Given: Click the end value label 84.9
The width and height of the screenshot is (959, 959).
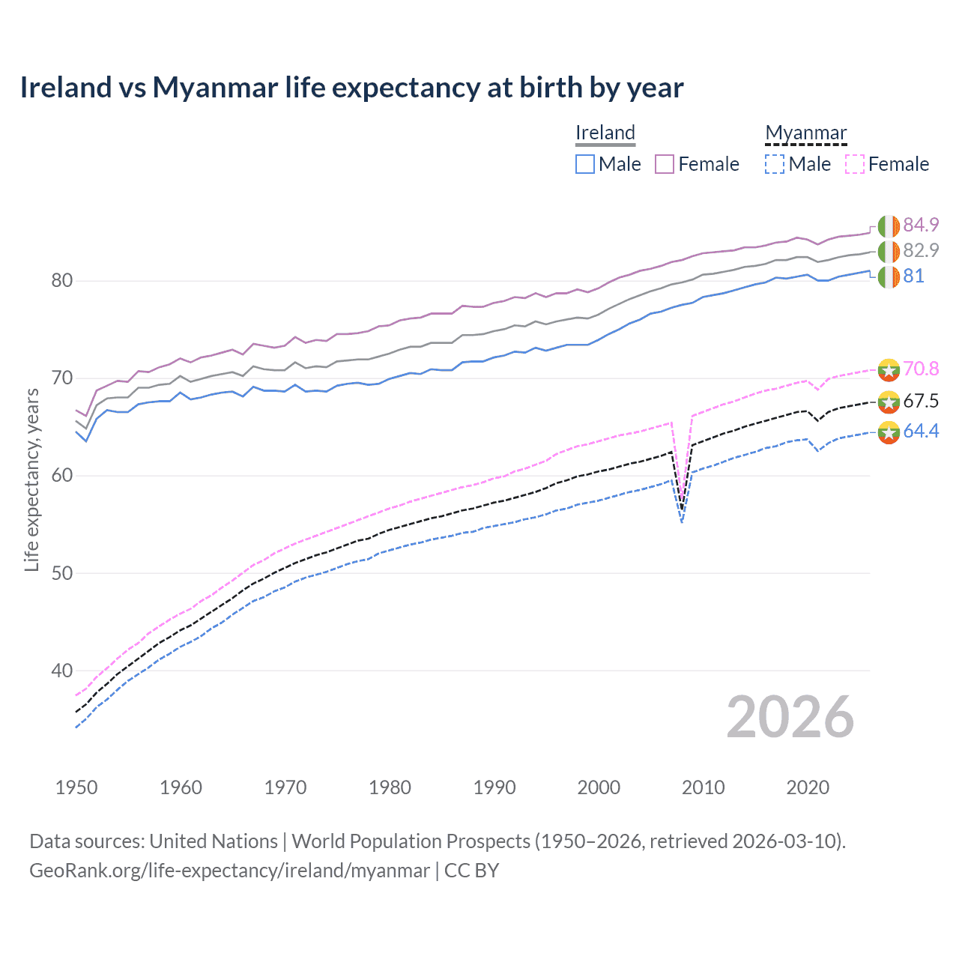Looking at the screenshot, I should pyautogui.click(x=921, y=225).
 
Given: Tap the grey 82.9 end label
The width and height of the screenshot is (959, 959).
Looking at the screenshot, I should pyautogui.click(x=921, y=250).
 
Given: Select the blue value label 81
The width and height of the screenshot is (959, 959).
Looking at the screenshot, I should pyautogui.click(x=913, y=276).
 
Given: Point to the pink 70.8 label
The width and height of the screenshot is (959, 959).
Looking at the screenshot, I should pyautogui.click(x=921, y=369).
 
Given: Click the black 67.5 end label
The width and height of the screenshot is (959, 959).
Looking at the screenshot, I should pyautogui.click(x=921, y=401).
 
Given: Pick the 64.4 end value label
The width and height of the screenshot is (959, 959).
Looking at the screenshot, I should pyautogui.click(x=921, y=431).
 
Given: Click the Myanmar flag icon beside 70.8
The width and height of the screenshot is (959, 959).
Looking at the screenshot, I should pyautogui.click(x=889, y=369).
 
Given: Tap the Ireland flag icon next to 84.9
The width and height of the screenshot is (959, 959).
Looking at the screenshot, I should pyautogui.click(x=889, y=226).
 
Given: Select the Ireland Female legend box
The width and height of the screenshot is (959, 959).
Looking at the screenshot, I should pyautogui.click(x=665, y=164).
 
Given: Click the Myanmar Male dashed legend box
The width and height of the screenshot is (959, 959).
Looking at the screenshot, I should pyautogui.click(x=775, y=164).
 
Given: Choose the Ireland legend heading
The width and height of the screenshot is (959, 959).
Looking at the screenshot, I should pyautogui.click(x=605, y=133).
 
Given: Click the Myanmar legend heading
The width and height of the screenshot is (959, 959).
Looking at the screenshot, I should pyautogui.click(x=805, y=133).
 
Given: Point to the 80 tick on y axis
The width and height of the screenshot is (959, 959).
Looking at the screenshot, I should pyautogui.click(x=61, y=281).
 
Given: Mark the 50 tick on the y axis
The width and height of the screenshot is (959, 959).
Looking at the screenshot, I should pyautogui.click(x=61, y=573).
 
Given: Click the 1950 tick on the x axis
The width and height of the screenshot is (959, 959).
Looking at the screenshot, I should pyautogui.click(x=76, y=787).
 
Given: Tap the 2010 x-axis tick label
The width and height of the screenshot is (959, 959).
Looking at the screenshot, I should pyautogui.click(x=703, y=787).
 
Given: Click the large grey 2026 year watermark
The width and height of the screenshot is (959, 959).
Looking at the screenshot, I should pyautogui.click(x=790, y=717).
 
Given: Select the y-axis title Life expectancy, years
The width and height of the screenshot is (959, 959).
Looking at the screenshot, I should pyautogui.click(x=31, y=479).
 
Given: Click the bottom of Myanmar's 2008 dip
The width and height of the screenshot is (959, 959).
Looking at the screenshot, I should pyautogui.click(x=682, y=521).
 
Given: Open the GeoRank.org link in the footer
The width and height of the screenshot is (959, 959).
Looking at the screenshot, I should pyautogui.click(x=229, y=871).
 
